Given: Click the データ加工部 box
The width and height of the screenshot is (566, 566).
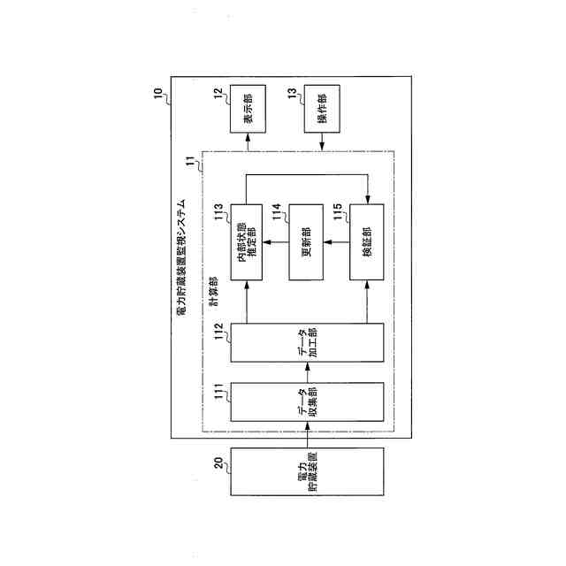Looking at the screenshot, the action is click(x=308, y=343).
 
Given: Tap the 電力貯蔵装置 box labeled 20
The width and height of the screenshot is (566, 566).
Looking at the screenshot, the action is click(x=308, y=484).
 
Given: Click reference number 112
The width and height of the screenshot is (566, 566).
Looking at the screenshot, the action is click(x=221, y=333).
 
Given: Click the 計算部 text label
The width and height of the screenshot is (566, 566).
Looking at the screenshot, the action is click(x=214, y=294).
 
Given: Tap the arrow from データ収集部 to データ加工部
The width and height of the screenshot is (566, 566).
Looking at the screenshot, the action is click(x=308, y=372).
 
